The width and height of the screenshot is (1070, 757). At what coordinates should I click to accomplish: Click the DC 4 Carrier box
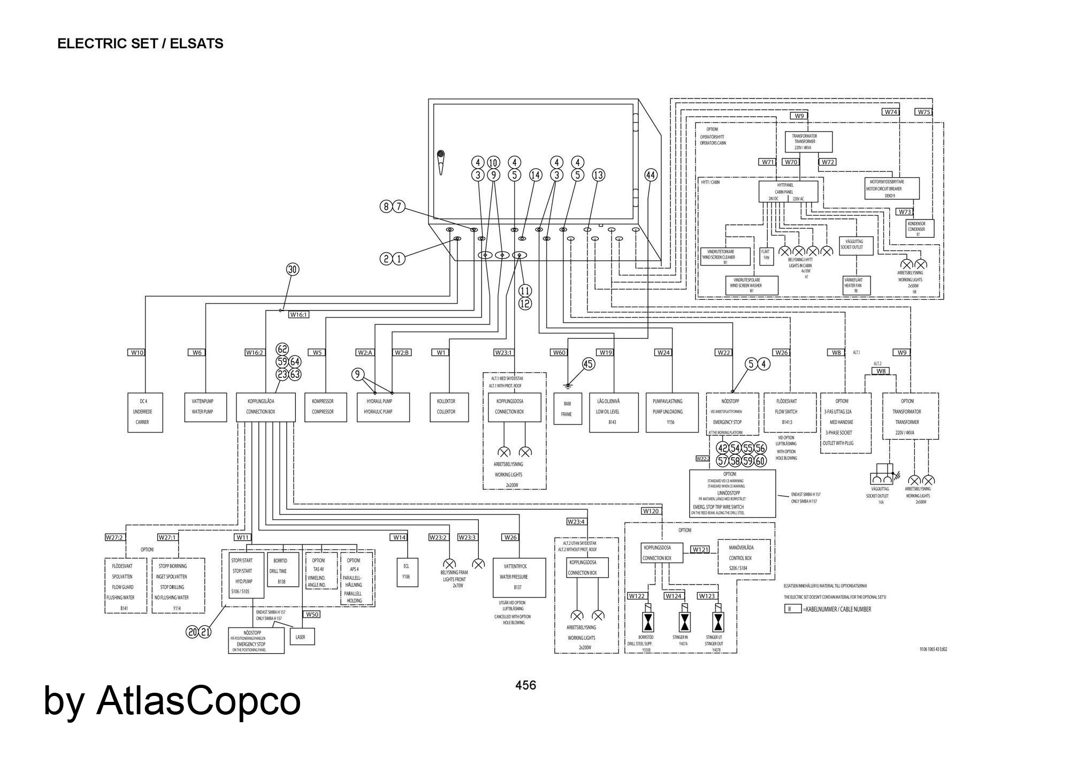145,412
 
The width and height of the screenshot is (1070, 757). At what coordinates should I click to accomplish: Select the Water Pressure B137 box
519,578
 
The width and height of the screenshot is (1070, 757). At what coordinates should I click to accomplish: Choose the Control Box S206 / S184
743,557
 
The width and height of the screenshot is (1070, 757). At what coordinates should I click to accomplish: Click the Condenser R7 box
920,229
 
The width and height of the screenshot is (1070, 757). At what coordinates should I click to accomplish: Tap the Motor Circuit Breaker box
892,188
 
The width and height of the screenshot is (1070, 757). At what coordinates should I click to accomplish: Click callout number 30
293,269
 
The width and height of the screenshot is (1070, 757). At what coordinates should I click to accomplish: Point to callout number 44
651,175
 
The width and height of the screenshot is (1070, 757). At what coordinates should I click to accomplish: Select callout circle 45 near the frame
588,364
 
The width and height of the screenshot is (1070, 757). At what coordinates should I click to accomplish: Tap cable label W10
137,352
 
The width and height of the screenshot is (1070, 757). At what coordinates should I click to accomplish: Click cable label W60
559,352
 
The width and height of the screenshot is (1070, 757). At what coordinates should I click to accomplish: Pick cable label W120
651,511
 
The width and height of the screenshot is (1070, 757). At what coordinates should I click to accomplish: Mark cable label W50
312,614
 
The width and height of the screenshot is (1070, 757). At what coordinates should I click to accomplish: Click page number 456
525,685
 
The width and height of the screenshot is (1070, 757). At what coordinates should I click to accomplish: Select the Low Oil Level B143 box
614,412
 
